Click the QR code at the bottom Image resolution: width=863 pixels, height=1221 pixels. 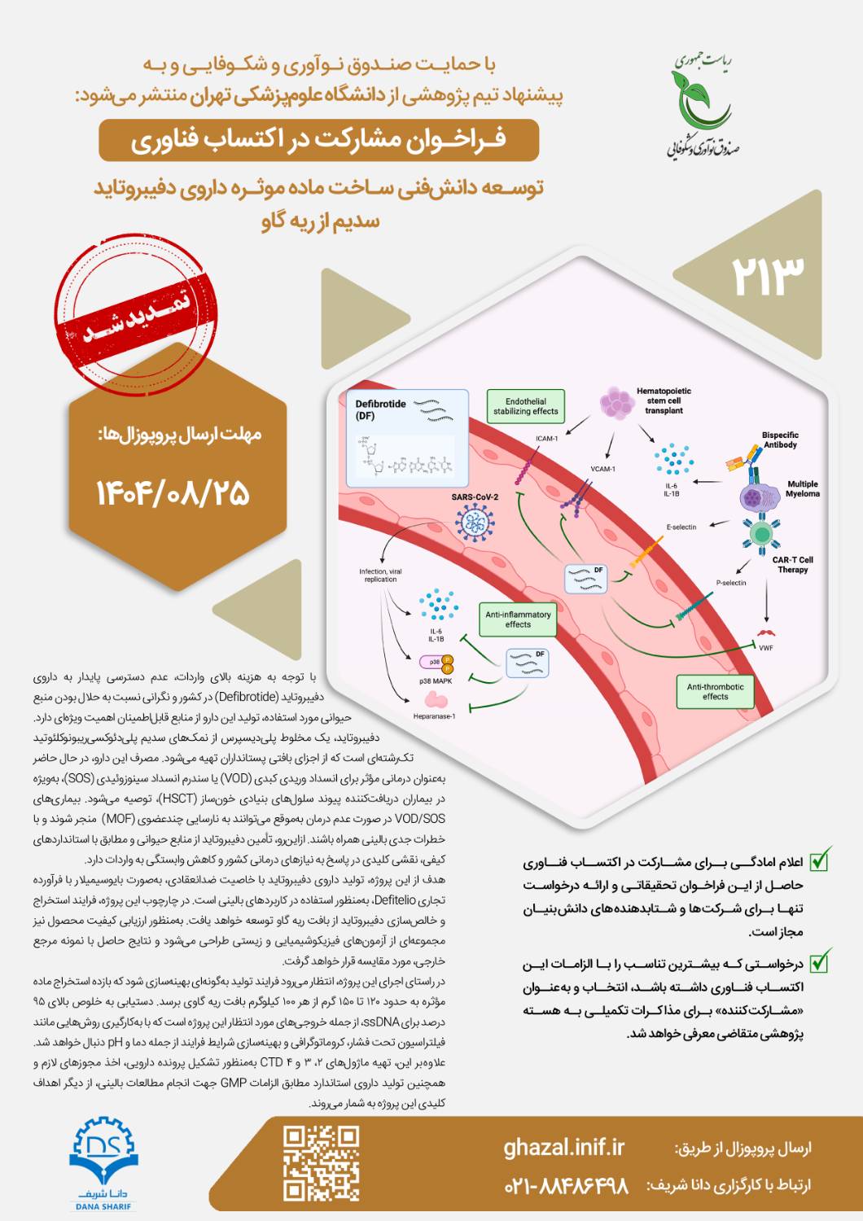[x=321, y=1163]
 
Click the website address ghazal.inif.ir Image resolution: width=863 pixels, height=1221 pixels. [x=563, y=1148]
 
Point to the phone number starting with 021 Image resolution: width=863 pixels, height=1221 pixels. [x=567, y=1185]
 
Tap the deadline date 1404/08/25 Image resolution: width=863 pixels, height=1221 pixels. [x=173, y=493]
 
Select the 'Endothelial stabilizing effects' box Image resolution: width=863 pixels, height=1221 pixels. [x=525, y=406]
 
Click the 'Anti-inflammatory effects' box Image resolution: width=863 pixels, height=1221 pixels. [x=518, y=619]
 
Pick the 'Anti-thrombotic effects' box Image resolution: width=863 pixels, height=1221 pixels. [x=715, y=692]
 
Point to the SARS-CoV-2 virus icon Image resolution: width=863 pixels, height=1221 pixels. [x=475, y=523]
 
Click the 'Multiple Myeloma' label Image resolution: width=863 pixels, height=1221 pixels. [x=802, y=488]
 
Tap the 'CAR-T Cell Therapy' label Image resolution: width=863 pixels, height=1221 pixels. [x=792, y=565]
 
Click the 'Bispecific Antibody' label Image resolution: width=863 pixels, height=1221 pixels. [x=780, y=440]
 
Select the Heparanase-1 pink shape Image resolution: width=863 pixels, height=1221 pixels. [x=436, y=699]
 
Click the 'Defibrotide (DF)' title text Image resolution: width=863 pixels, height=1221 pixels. [x=380, y=409]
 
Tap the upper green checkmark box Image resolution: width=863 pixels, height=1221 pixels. [x=819, y=859]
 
